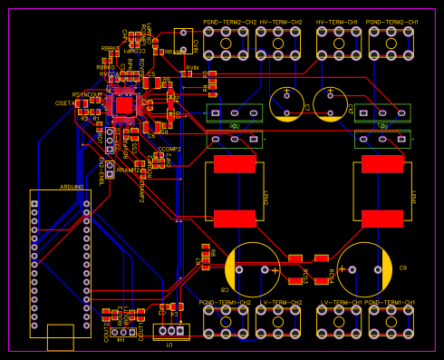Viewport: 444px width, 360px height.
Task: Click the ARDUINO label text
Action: [72, 186]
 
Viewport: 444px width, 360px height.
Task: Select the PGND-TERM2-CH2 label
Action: [227, 22]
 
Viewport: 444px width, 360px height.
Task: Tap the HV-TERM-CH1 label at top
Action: [336, 22]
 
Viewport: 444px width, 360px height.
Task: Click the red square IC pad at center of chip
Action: [122, 105]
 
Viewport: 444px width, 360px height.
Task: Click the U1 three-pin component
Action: [169, 332]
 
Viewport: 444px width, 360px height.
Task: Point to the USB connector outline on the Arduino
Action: [61, 336]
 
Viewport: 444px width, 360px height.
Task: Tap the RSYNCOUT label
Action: [86, 94]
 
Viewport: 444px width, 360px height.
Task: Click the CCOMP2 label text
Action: [169, 148]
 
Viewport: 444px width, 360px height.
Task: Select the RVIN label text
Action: [192, 67]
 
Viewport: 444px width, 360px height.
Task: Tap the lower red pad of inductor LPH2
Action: [235, 218]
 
